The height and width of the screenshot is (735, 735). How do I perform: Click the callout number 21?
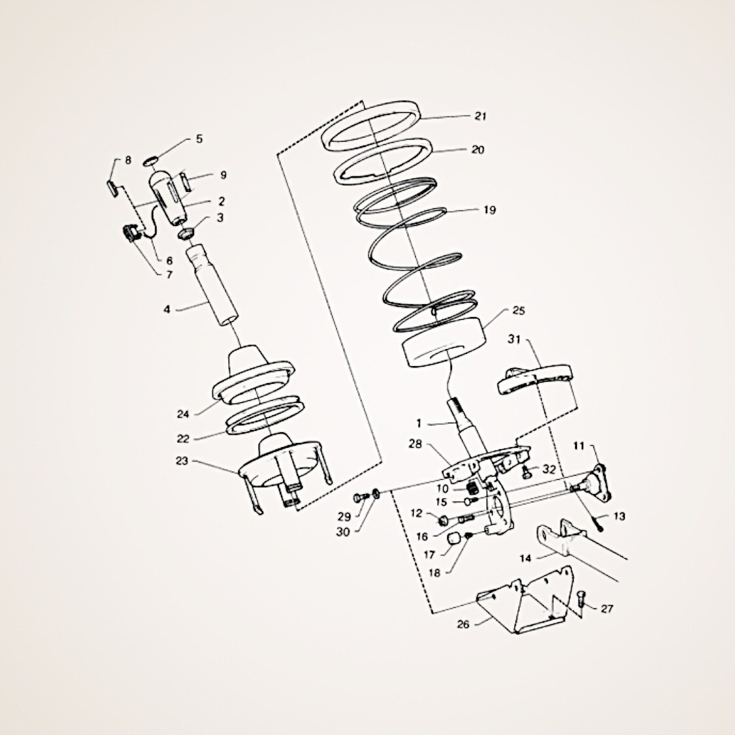tap(480, 116)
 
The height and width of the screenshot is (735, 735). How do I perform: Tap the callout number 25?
tap(519, 311)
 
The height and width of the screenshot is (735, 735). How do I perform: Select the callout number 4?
tap(167, 309)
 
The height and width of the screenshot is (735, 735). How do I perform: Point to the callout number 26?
tap(463, 624)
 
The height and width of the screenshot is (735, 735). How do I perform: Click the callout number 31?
tap(514, 340)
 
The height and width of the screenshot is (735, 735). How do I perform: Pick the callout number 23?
tap(182, 461)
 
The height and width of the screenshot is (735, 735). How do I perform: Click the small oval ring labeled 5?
tap(150, 161)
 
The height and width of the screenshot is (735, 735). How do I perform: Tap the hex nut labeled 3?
tap(186, 233)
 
